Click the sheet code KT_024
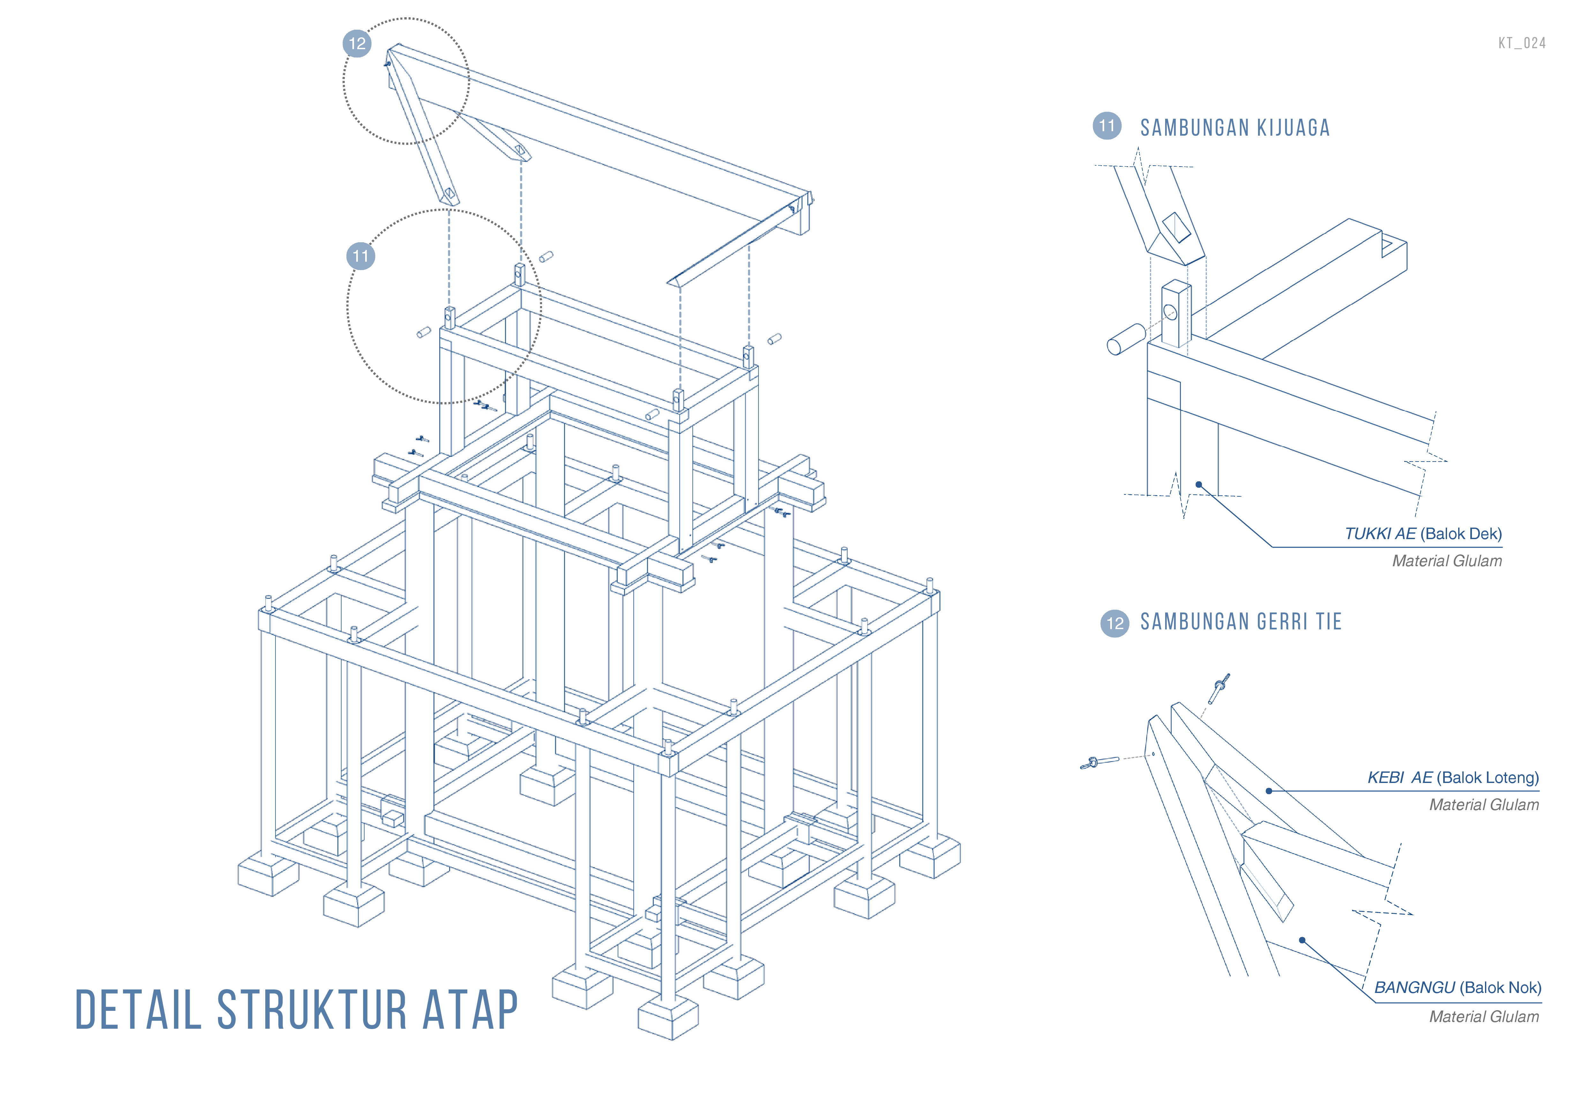(x=1522, y=43)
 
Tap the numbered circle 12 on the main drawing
(x=357, y=43)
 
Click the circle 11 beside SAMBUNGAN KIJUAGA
(x=1107, y=125)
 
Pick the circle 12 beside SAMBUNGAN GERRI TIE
(x=1115, y=623)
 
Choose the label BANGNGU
(x=1414, y=988)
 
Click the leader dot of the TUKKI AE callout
(x=1199, y=485)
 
